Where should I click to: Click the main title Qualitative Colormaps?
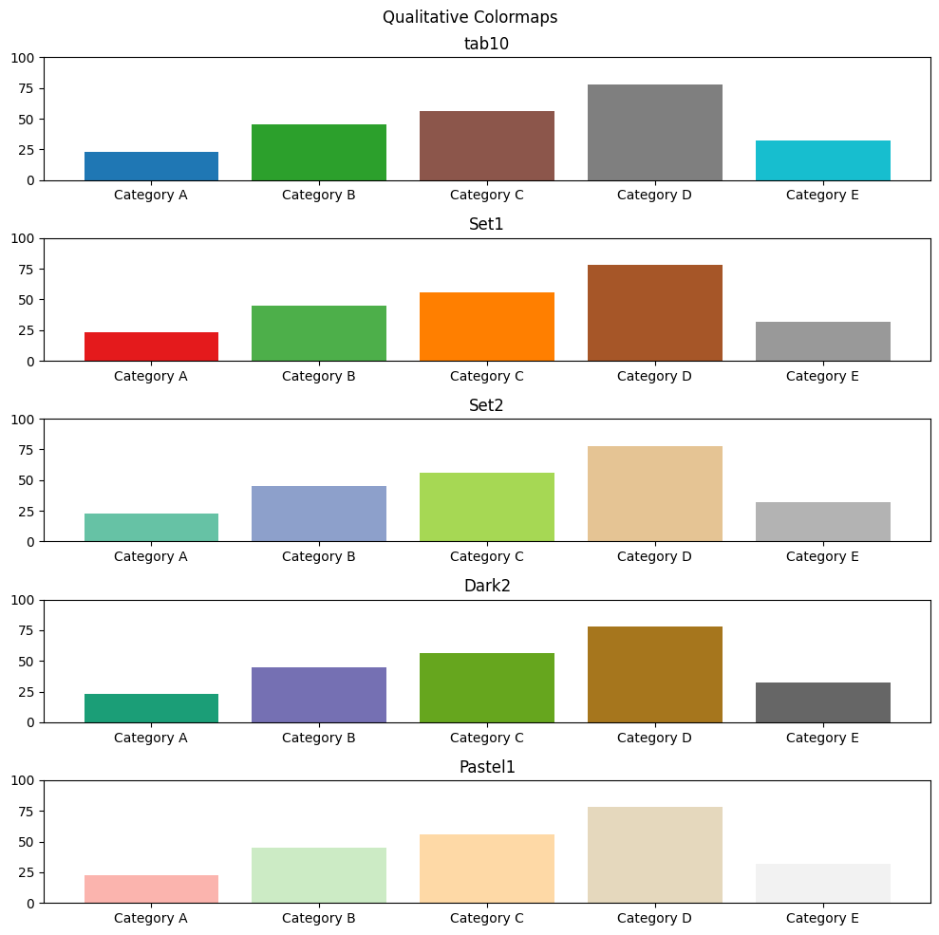469,17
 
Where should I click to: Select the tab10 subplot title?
486,43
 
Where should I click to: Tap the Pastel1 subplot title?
486,767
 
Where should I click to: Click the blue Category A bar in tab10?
151,166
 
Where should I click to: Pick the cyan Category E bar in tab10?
822,160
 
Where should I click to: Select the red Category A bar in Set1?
151,346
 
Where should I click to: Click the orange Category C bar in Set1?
486,327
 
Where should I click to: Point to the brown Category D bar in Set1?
654,313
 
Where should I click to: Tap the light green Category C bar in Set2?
486,507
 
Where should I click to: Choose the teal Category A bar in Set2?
151,528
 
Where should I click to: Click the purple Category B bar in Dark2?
319,695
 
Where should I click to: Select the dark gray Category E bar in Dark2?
822,702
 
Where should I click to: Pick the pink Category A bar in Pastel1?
151,888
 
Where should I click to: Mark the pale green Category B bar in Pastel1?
319,875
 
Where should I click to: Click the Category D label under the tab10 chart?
654,196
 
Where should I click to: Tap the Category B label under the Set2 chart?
319,557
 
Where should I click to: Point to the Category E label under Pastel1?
822,919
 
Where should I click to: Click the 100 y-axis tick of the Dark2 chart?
24,600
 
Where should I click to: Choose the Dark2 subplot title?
486,586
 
